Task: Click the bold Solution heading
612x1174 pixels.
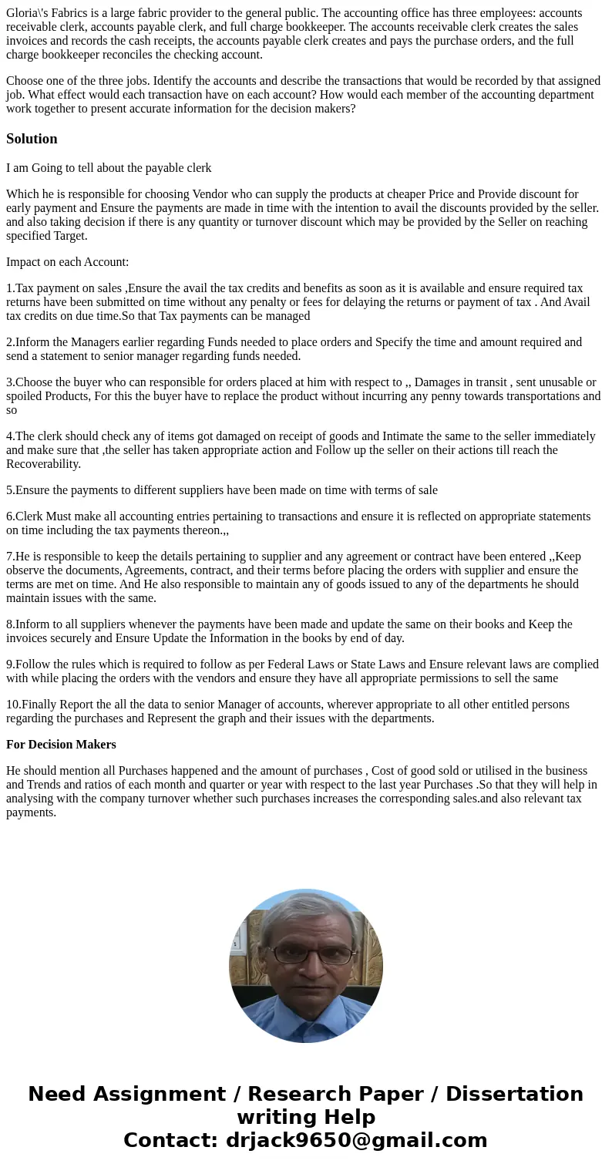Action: click(x=32, y=139)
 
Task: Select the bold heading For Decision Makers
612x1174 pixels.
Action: click(x=61, y=745)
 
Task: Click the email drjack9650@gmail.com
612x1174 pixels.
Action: click(x=356, y=1140)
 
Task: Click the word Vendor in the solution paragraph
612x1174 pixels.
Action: click(x=211, y=194)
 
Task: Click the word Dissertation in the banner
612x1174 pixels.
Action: click(x=514, y=1094)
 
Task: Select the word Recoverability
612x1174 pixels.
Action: click(x=43, y=464)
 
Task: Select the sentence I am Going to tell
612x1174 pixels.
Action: click(x=109, y=168)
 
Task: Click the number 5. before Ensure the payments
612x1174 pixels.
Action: click(x=11, y=490)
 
